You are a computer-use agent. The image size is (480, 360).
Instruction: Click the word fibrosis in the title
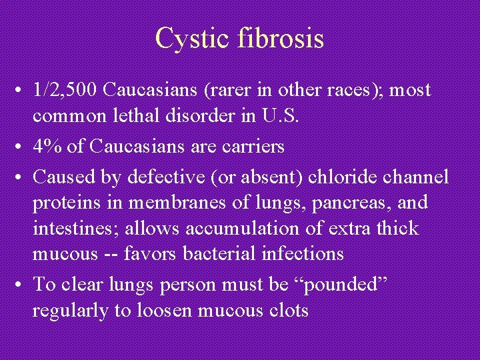(280, 38)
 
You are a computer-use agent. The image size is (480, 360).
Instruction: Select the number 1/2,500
(66, 89)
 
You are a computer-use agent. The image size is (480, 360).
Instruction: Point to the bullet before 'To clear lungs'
(21, 285)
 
